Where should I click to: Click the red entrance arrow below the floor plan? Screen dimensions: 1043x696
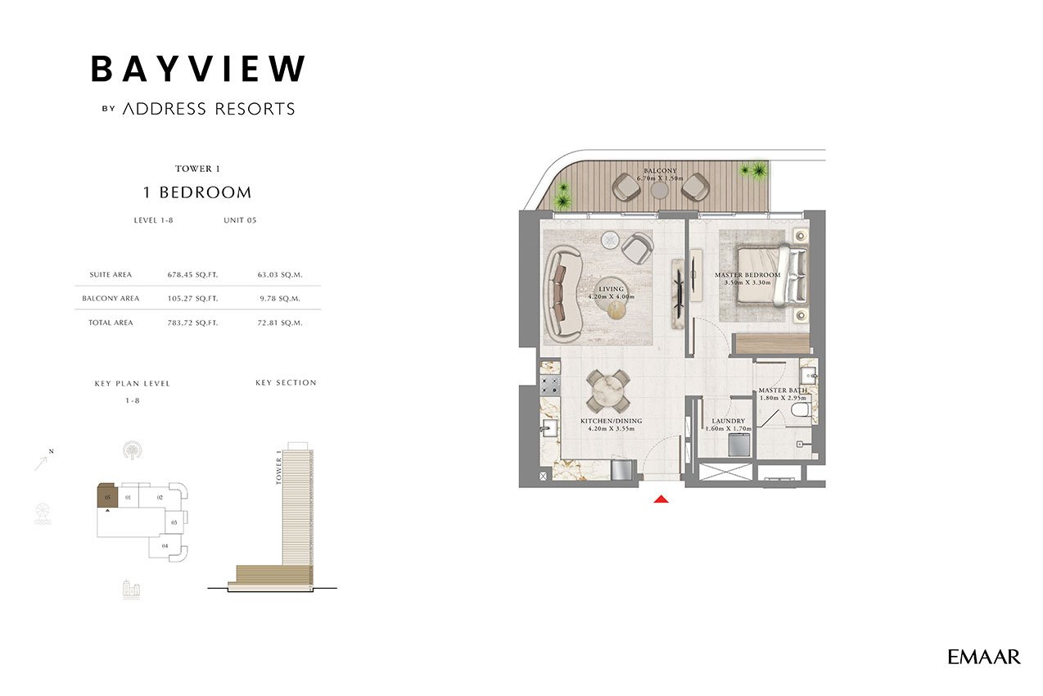(661, 499)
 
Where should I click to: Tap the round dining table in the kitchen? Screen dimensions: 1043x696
(608, 391)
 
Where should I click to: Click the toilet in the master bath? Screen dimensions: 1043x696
(801, 410)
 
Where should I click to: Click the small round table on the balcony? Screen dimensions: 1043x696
(659, 190)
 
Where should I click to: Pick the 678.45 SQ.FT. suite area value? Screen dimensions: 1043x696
(192, 274)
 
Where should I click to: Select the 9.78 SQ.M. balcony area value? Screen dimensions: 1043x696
(280, 298)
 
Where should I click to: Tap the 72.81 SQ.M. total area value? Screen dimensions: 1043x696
(280, 323)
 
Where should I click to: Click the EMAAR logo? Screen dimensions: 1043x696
(983, 657)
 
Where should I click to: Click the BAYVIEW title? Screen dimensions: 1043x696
(198, 69)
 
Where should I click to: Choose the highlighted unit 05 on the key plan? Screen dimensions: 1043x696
(107, 497)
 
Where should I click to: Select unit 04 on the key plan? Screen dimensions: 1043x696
(165, 545)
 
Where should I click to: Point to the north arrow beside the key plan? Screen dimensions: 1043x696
(42, 463)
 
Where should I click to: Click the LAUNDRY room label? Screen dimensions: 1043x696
(729, 421)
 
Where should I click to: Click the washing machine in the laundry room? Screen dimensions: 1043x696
(739, 445)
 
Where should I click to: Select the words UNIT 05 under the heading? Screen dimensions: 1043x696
(240, 220)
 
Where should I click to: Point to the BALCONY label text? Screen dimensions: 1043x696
(660, 171)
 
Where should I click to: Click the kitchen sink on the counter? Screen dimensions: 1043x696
(550, 428)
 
